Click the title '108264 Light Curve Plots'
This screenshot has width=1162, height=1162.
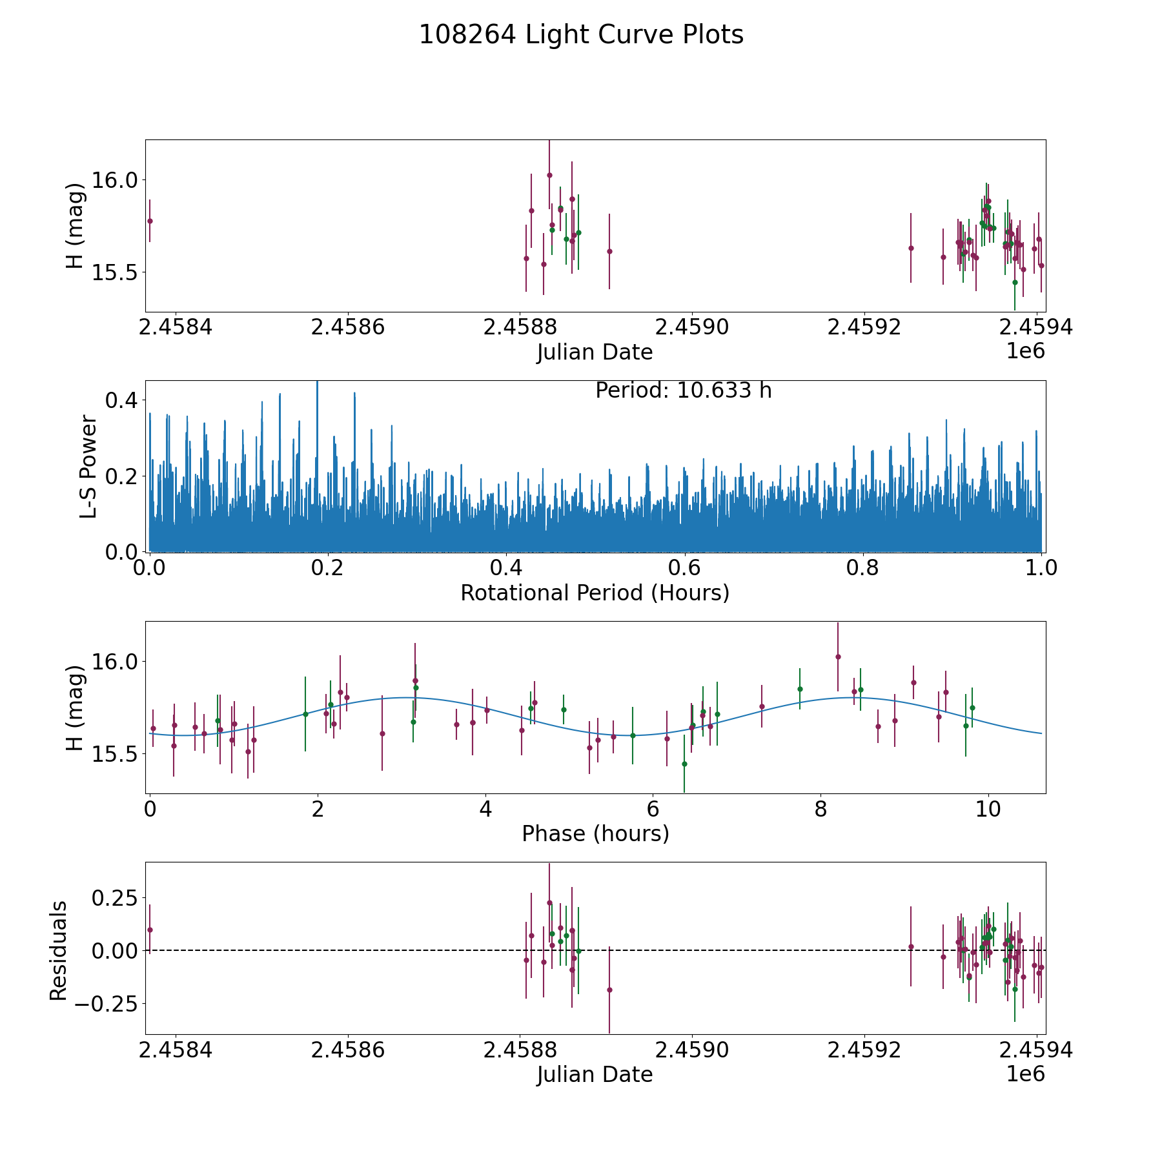pos(581,35)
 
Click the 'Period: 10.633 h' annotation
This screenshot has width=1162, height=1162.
pos(684,391)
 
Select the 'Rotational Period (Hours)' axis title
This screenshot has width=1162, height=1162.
pos(595,593)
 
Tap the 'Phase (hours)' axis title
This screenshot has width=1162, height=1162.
pos(595,834)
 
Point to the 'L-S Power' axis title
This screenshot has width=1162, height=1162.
pos(89,466)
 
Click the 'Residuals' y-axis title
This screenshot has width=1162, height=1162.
pos(58,950)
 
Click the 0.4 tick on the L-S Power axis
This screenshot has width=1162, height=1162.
pos(121,400)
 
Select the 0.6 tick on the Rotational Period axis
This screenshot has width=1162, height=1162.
pos(684,568)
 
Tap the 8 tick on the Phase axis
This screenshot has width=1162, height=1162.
pos(821,810)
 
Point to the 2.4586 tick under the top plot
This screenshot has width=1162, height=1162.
pos(348,327)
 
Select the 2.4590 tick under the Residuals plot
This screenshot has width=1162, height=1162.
pos(692,1050)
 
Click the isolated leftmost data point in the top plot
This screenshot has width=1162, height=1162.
pos(150,221)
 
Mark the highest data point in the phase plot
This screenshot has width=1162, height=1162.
pos(838,657)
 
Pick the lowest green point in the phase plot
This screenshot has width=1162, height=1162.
pos(684,764)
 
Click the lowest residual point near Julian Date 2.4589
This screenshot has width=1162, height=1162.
pos(609,990)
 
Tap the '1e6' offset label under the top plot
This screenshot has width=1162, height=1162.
pos(1026,351)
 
